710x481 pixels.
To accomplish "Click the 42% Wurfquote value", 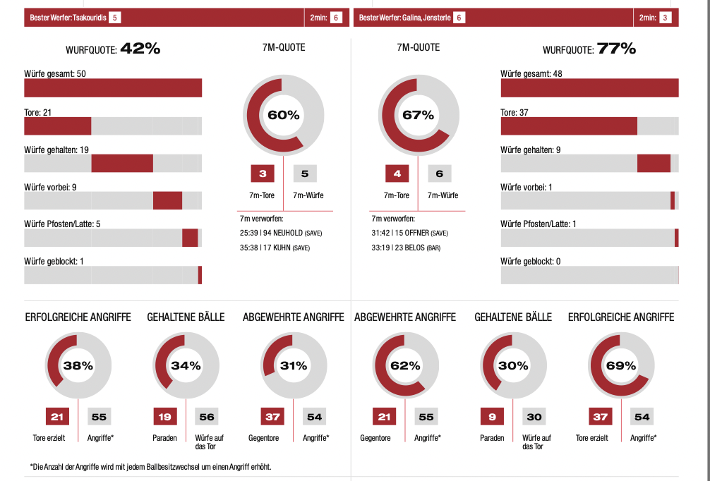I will click(x=140, y=49).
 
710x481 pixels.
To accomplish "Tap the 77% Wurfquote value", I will click(x=616, y=49).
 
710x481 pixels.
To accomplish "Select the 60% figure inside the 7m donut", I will click(x=283, y=115).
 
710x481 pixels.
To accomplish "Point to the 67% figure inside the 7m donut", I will click(x=418, y=115).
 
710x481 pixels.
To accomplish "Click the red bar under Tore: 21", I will click(x=58, y=126).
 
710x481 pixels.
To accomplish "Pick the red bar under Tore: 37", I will click(x=569, y=126).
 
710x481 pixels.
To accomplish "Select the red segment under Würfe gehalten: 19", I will click(x=122, y=163).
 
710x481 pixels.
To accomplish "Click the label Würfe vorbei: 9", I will click(x=50, y=187).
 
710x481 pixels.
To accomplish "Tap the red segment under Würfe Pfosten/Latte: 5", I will click(x=190, y=238).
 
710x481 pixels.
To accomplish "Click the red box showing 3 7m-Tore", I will click(x=263, y=173).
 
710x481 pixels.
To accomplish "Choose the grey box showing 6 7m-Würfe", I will click(x=439, y=173).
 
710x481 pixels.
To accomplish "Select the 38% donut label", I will click(x=78, y=366).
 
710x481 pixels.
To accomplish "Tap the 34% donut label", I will click(x=186, y=366).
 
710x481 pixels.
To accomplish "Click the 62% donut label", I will click(x=405, y=366).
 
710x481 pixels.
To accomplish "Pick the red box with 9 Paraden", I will click(x=492, y=417).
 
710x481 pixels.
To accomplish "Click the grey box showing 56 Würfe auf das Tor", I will click(x=207, y=417).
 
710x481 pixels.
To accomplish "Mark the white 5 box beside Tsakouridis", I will click(x=115, y=17).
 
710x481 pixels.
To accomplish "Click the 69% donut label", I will click(x=621, y=366).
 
